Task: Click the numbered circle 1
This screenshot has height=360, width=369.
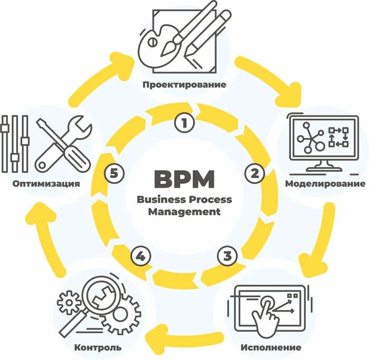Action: (x=184, y=123)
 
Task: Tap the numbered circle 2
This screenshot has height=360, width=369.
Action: (x=255, y=172)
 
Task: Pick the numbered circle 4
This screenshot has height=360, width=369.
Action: (x=140, y=257)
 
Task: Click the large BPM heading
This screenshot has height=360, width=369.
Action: (x=184, y=179)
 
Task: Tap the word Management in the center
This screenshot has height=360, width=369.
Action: (x=184, y=212)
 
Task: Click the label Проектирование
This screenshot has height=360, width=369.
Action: (x=184, y=84)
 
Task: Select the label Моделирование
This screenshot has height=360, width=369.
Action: (x=325, y=184)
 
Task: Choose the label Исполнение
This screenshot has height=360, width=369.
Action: (x=271, y=347)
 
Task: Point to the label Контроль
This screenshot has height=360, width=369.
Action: (x=98, y=347)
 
